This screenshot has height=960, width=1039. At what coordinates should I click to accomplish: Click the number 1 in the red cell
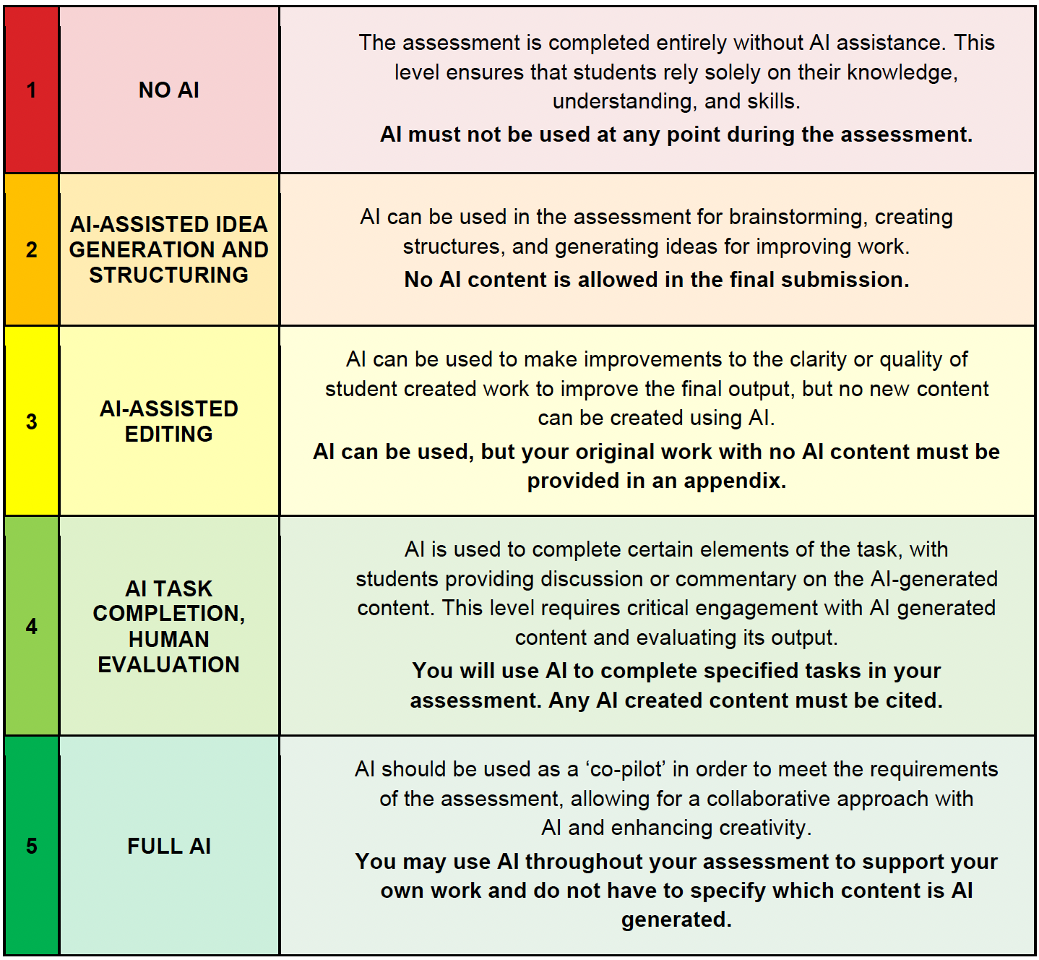(31, 90)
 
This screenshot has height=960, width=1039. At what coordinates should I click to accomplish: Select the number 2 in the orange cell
(31, 250)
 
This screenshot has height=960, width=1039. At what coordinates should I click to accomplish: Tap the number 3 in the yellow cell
(31, 421)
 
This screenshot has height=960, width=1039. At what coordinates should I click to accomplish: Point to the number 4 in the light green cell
(31, 626)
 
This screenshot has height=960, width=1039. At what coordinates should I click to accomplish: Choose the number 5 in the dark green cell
(31, 846)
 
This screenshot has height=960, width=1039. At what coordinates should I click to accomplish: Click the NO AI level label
(168, 90)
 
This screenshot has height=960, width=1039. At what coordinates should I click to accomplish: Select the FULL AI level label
(168, 846)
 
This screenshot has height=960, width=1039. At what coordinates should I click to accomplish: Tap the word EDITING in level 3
(168, 434)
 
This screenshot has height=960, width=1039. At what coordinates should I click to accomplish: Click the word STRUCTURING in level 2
(168, 275)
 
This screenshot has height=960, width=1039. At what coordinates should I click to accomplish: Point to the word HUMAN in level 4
(168, 639)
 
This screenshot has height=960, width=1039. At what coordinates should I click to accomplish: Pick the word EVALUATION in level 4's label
(168, 664)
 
